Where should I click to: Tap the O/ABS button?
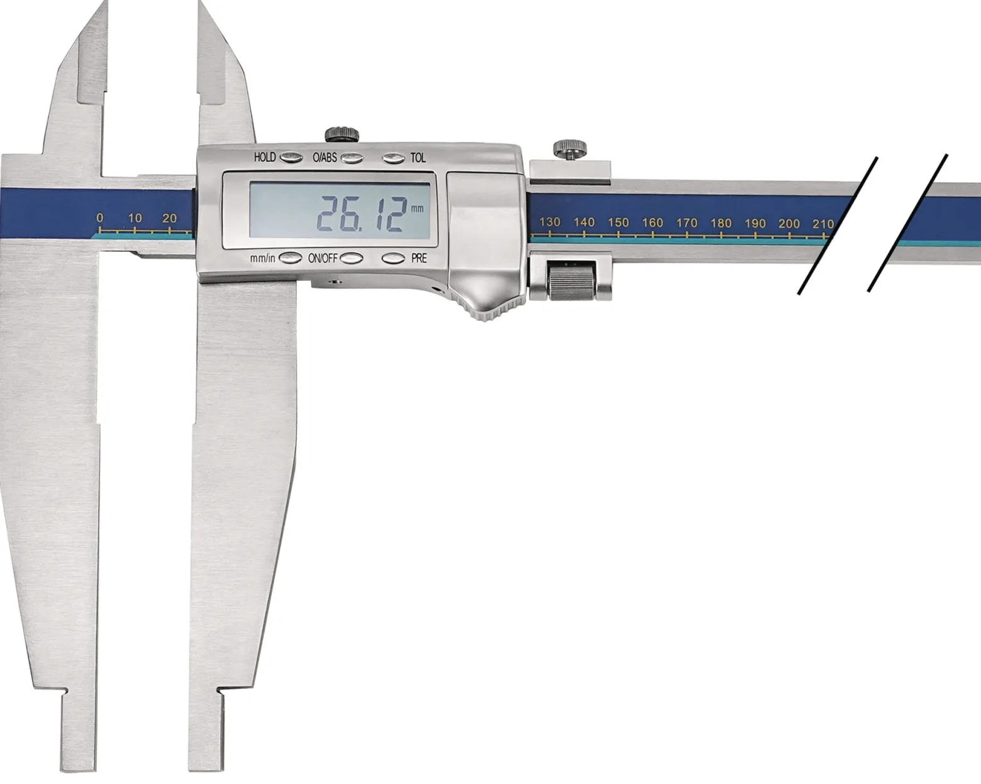352,158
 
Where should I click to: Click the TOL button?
394,158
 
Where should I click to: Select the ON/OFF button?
352,258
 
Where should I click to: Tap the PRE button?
394,258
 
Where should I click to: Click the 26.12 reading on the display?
360,215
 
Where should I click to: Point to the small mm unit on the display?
417,209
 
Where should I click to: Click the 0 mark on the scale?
100,218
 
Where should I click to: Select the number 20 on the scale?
170,218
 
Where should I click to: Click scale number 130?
550,222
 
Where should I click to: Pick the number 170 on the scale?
687,223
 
